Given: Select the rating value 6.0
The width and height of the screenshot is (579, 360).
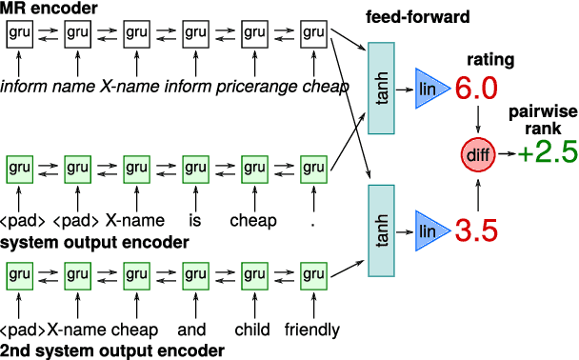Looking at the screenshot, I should [476, 90].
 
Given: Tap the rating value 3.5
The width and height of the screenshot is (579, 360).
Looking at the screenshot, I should [476, 231].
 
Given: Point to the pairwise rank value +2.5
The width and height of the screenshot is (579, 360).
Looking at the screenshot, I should [548, 153].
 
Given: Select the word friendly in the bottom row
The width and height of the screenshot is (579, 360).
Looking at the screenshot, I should [312, 330].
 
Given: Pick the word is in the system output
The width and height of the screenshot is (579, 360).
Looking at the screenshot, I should [195, 221].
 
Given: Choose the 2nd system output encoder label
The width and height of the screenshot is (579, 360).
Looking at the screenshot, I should [112, 350].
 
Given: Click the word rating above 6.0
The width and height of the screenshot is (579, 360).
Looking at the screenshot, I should [491, 59].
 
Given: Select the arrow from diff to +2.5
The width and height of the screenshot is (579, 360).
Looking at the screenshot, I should [506, 153].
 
